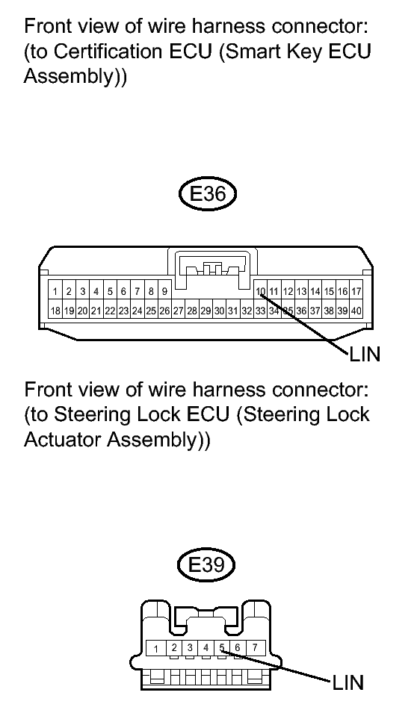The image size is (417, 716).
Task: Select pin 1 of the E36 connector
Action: pos(55,291)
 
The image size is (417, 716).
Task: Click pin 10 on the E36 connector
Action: pos(260,291)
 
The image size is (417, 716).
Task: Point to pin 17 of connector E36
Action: pos(356,291)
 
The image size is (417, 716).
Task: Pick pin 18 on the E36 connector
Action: pos(55,311)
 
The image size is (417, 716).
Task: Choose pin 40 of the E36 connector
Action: pos(356,311)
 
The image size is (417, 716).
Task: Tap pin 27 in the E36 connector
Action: pos(179,311)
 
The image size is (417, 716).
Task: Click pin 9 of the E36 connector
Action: pos(164,291)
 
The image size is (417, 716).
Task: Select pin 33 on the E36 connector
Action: pos(260,311)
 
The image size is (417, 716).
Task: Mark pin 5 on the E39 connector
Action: pos(222,647)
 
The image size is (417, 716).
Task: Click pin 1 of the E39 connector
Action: pos(156,648)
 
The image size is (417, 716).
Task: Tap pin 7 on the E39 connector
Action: pos(255,647)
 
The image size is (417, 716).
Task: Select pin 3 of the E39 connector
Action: pos(190,647)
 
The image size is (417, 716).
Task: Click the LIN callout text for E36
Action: pos(365,354)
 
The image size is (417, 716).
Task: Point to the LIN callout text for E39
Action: pos(347,683)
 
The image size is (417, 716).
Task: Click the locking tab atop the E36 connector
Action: pos(213,269)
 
